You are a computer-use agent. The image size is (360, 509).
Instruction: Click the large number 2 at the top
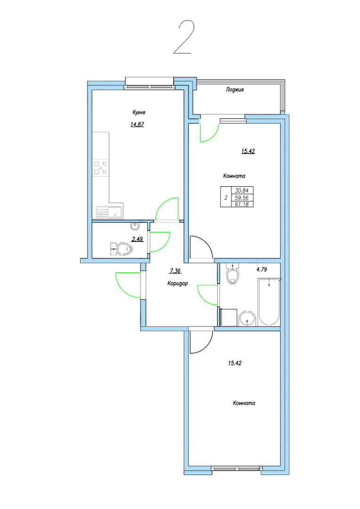pos(184,37)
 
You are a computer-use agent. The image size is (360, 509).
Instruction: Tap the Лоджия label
pos(234,90)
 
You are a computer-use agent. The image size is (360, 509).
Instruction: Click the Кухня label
pos(139,112)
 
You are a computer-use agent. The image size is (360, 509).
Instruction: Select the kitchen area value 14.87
pos(137,124)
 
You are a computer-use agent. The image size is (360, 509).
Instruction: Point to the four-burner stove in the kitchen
pos(101,168)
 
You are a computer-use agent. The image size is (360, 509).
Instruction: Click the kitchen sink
pos(109,213)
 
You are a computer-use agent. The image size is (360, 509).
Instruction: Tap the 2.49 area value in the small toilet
pos(137,239)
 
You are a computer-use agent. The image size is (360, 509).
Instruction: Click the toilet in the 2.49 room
pos(122,249)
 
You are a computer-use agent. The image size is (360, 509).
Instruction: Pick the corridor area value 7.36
pos(175,271)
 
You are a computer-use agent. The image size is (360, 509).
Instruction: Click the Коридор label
pos(178,283)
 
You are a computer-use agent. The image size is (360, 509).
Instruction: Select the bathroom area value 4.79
pos(262,269)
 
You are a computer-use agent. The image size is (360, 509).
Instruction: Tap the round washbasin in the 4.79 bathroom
pos(248,319)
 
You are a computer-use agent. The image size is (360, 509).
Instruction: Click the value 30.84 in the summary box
pos(242,190)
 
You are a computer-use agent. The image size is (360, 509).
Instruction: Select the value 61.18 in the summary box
pos(242,204)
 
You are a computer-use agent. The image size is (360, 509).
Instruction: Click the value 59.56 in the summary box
pos(242,197)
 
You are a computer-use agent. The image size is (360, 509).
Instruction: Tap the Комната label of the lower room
pos(244,403)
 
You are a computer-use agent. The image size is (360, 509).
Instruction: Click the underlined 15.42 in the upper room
pos(248,151)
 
